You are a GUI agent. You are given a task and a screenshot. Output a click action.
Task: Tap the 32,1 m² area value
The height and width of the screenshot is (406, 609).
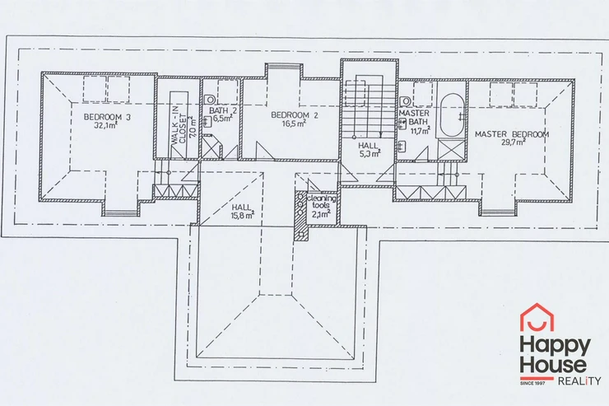pyautogui.click(x=106, y=125)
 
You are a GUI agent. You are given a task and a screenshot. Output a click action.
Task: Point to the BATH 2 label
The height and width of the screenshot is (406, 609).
pyautogui.click(x=223, y=110)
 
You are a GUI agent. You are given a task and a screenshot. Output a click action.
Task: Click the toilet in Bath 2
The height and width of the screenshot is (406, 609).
pyautogui.click(x=210, y=100)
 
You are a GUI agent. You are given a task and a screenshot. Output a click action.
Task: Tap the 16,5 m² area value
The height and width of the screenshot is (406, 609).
pyautogui.click(x=294, y=124)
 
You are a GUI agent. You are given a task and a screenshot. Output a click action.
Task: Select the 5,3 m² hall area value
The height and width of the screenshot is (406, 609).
pyautogui.click(x=370, y=153)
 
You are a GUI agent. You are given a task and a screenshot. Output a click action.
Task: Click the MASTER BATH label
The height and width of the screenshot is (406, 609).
pyautogui.click(x=415, y=117)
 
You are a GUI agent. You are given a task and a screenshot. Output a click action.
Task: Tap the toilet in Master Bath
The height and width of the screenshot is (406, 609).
pyautogui.click(x=405, y=101)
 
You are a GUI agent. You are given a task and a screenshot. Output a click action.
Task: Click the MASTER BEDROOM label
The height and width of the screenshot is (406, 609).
pyautogui.click(x=512, y=134)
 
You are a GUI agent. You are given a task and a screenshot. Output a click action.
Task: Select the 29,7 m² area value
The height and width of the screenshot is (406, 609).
pyautogui.click(x=514, y=142)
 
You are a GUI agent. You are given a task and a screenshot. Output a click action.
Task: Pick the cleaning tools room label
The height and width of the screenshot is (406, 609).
pyautogui.click(x=322, y=202)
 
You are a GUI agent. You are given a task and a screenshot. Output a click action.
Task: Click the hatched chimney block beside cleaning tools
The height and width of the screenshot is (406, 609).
pyautogui.click(x=300, y=216)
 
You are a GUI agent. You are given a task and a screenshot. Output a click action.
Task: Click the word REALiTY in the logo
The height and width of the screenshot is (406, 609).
pyautogui.click(x=579, y=380)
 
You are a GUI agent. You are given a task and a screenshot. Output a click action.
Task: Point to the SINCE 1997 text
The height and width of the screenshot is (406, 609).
pyautogui.click(x=532, y=384)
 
